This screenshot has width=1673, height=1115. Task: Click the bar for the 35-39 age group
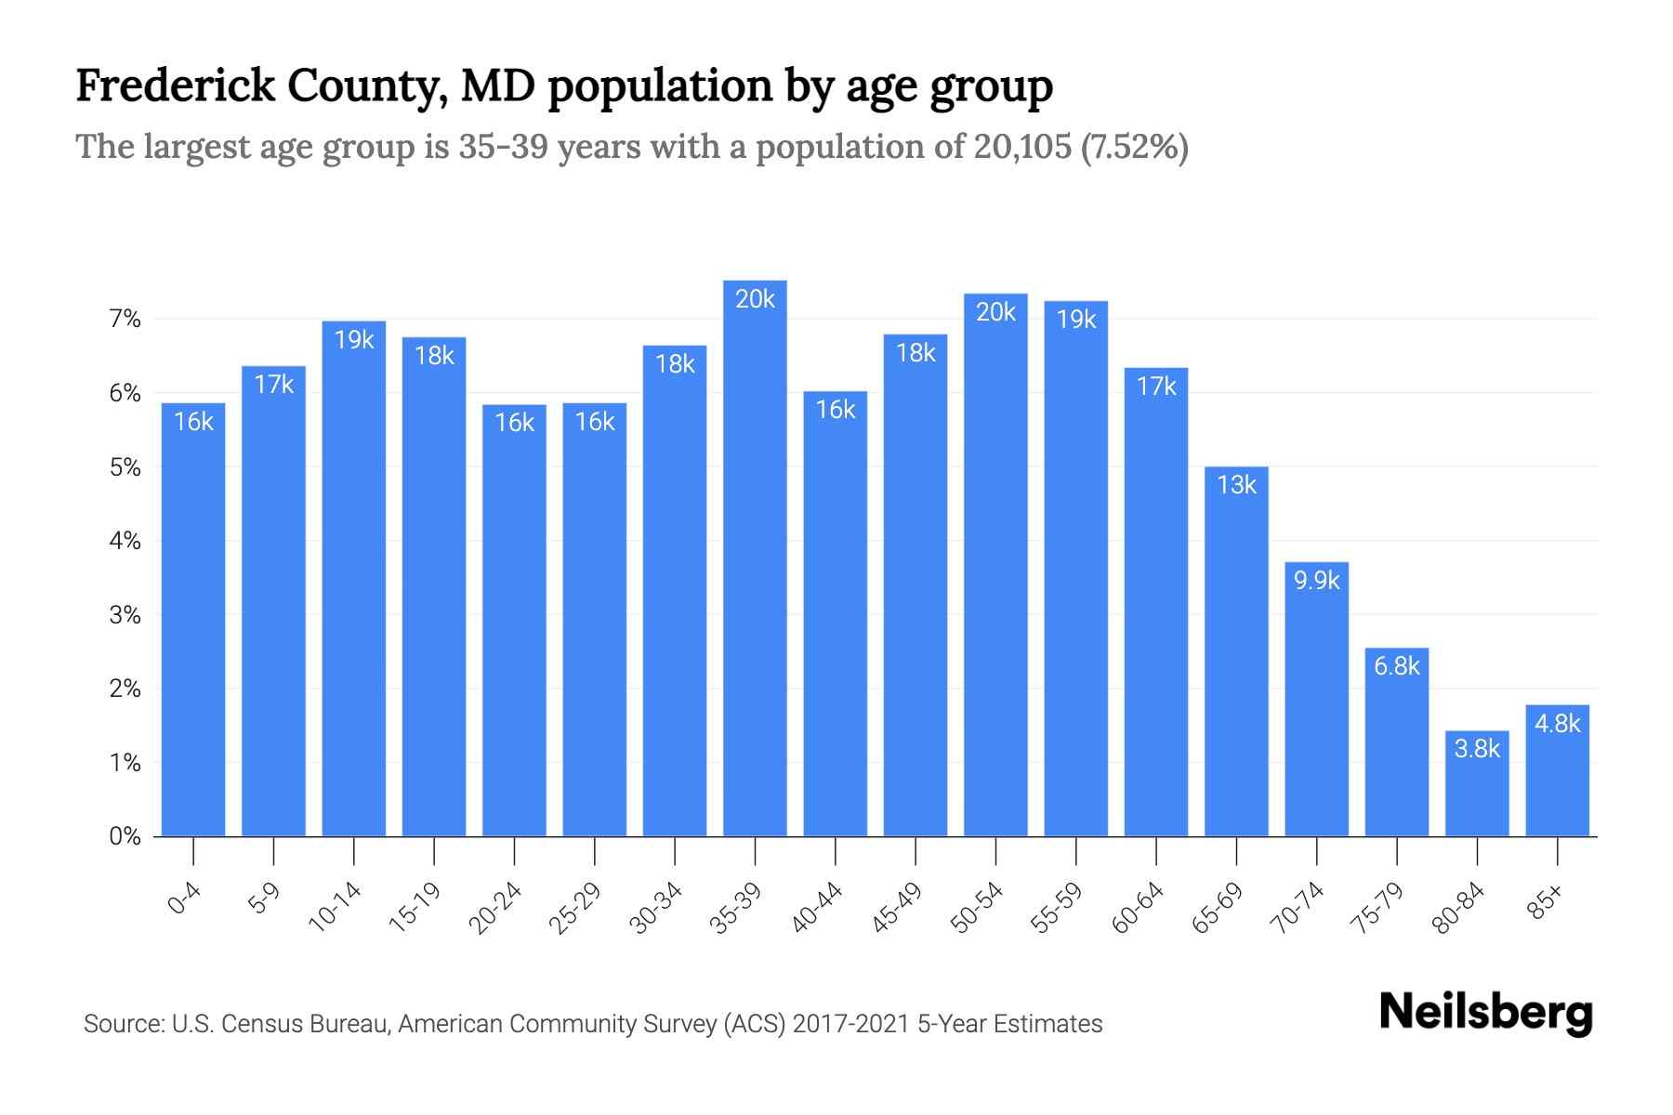[x=755, y=557]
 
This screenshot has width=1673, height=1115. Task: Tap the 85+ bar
[x=1557, y=770]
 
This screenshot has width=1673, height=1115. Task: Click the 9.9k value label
[x=1317, y=581]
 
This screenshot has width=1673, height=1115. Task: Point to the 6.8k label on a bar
[x=1397, y=665]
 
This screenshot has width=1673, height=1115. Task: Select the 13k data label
[x=1236, y=485]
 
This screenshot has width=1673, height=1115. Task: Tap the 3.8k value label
[x=1477, y=748]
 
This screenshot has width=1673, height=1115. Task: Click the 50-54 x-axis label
[x=978, y=908]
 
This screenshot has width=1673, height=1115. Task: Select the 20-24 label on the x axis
[x=496, y=908]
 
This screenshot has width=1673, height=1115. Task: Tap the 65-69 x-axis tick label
[x=1219, y=908]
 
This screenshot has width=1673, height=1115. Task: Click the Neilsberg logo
[x=1485, y=1012]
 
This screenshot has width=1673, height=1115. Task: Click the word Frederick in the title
[x=176, y=86]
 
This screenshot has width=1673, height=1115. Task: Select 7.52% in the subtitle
[x=1134, y=147]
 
